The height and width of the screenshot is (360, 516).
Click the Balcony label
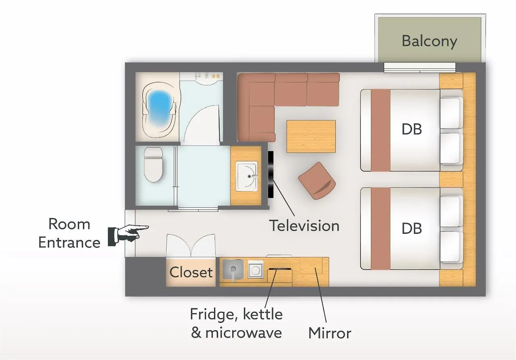[429, 41]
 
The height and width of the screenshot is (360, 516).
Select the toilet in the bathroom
[153, 164]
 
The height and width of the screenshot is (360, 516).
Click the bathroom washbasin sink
[247, 176]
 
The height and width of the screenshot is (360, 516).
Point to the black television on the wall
[271, 174]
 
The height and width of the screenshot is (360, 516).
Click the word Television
[304, 225]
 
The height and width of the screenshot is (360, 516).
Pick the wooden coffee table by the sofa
[311, 136]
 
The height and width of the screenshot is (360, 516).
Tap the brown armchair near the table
[317, 180]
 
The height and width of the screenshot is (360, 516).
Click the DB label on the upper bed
[412, 129]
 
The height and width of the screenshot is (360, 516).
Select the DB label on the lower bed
[412, 229]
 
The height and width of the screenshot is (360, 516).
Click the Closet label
[191, 273]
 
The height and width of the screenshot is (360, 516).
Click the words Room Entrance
[69, 233]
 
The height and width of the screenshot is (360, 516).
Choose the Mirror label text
[330, 333]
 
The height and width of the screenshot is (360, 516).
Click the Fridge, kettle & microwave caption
[236, 324]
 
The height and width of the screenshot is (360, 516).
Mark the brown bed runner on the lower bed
[381, 229]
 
